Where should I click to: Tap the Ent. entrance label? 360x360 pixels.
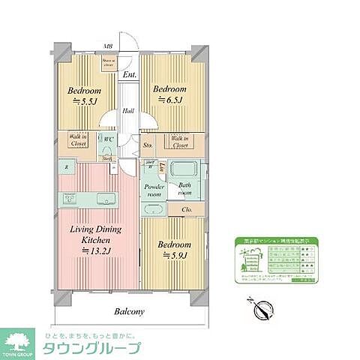tap(129, 74)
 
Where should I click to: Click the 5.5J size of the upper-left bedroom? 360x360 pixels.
tap(82, 103)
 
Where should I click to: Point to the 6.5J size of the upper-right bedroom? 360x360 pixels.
tap(169, 100)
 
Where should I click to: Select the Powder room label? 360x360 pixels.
tap(154, 189)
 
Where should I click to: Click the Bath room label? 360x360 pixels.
tap(184, 189)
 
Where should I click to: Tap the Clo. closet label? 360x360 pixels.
tap(186, 209)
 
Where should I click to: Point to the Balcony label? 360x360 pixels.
tap(129, 311)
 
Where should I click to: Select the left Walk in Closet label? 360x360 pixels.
tap(79, 141)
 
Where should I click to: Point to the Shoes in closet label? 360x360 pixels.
tap(109, 63)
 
